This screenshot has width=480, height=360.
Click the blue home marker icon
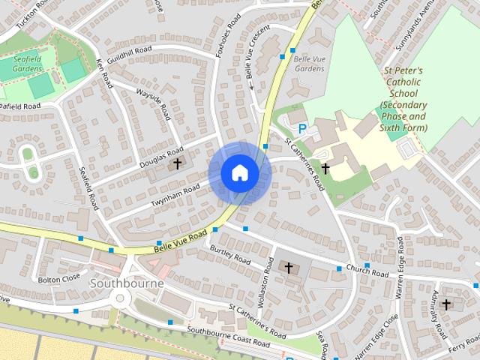[239, 172]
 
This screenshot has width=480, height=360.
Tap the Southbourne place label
[122, 284]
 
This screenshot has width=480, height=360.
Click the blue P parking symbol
[302, 129]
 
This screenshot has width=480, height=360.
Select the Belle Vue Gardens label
[309, 63]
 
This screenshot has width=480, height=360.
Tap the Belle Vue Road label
[180, 240]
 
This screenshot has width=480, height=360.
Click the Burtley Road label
[230, 254]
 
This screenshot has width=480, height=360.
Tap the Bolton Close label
[58, 279]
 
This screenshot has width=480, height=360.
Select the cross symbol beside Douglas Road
[178, 163]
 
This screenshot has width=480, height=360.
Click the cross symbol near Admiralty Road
[447, 304]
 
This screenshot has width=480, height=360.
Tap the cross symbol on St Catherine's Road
[325, 169]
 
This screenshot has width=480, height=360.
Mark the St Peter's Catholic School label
[403, 95]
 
